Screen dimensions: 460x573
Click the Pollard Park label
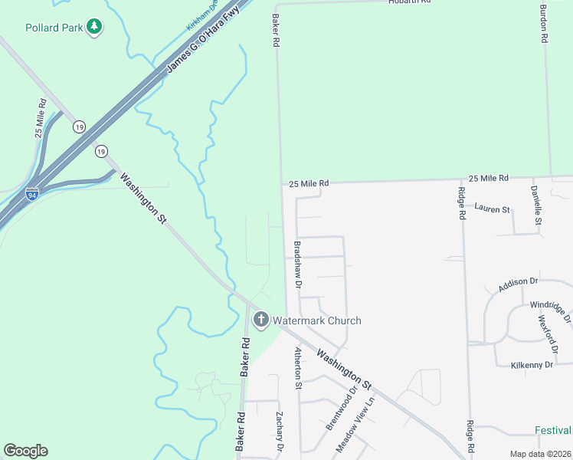pyautogui.click(x=53, y=28)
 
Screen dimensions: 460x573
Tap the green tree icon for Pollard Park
pyautogui.click(x=94, y=28)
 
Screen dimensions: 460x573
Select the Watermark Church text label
pyautogui.click(x=316, y=320)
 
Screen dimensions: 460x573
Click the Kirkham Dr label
pyautogui.click(x=202, y=18)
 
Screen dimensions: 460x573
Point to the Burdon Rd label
pyautogui.click(x=543, y=24)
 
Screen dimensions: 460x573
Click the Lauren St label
pyautogui.click(x=492, y=208)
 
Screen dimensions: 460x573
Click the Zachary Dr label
pyautogui.click(x=280, y=432)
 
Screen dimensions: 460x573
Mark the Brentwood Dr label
pyautogui.click(x=342, y=407)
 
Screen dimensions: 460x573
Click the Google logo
pyautogui.click(x=25, y=451)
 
